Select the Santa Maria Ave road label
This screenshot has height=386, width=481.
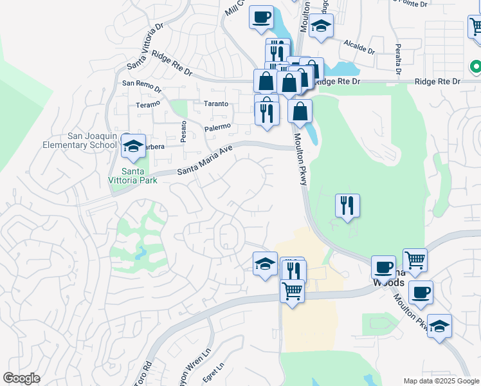pos(204,161)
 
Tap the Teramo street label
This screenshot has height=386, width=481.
pos(147,104)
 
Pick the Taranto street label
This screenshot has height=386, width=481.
pos(217,104)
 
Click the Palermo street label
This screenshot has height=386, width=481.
pos(217,127)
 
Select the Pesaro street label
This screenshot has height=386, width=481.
pos(184,130)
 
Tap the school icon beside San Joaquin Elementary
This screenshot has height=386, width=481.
pos(133,147)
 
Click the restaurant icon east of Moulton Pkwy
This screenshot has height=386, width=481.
pos(347,206)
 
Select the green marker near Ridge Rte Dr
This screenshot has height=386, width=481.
pos(476,66)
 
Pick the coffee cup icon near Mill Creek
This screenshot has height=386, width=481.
pos(261,17)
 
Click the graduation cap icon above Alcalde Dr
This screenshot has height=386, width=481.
pos(320,26)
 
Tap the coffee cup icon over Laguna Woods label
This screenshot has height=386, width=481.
pos(383,266)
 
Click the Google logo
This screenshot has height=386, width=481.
pos(21,378)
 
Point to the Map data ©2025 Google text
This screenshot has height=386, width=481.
pos(440,381)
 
